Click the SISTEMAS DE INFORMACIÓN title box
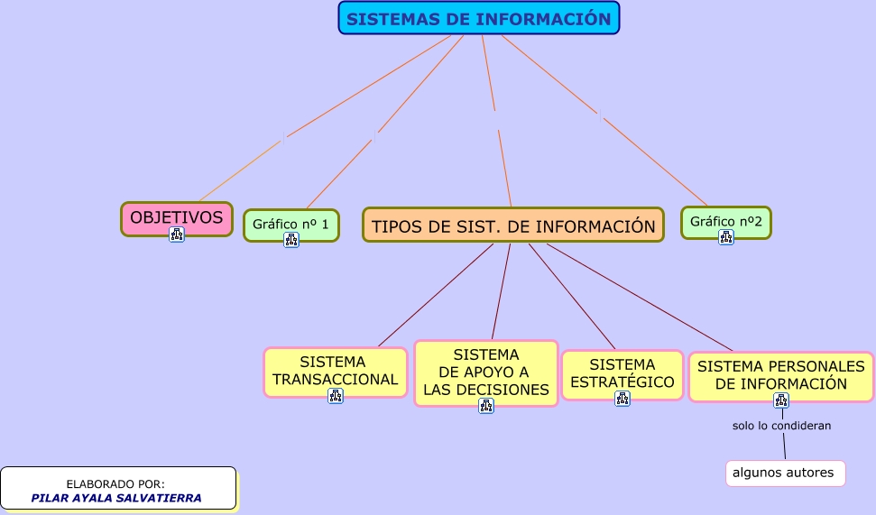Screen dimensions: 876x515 click(478, 19)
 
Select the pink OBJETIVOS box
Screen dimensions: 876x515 click(176, 216)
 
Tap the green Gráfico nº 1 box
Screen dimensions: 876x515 click(290, 223)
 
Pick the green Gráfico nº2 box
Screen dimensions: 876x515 click(725, 220)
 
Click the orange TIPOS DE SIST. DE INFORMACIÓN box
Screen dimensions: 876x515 click(512, 225)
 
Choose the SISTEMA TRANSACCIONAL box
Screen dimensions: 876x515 click(335, 370)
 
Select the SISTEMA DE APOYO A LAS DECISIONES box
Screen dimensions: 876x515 click(485, 372)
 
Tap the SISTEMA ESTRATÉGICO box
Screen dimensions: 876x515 click(622, 372)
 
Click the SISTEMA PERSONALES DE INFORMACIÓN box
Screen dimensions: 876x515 click(780, 374)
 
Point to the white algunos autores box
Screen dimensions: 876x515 click(783, 473)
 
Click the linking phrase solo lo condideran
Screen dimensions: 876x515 click(781, 425)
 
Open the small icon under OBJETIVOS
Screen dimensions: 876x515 click(177, 235)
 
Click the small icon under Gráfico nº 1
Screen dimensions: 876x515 click(291, 240)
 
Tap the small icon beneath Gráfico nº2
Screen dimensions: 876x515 click(725, 237)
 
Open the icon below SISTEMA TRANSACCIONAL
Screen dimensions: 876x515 click(336, 396)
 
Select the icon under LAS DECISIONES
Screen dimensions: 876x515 click(486, 406)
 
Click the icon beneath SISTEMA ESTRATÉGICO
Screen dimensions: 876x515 click(622, 399)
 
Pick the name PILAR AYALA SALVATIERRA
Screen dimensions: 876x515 click(116, 498)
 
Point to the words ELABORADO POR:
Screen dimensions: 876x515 click(115, 483)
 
